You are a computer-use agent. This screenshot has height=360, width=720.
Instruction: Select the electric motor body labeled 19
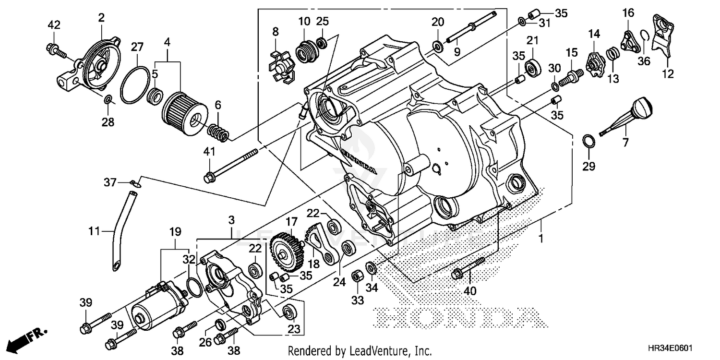154,307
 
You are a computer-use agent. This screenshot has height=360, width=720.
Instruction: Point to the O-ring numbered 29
589,141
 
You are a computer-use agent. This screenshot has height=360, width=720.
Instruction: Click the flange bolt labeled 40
468,268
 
